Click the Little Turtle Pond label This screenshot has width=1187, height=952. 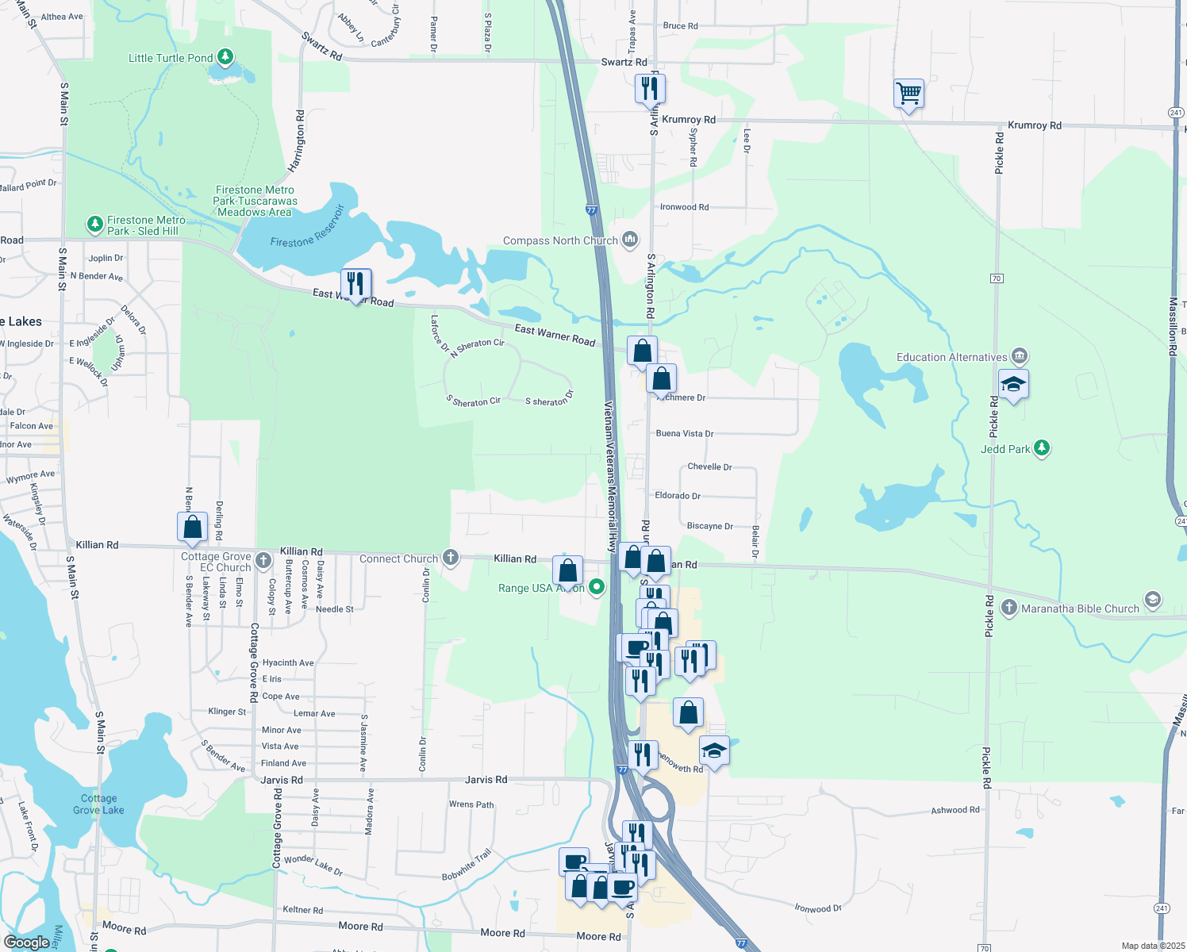[171, 58]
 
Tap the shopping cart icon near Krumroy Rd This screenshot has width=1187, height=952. [908, 94]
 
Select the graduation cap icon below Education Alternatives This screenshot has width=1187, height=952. [1013, 385]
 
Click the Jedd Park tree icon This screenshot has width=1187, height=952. [1042, 448]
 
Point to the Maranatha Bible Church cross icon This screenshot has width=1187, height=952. [1008, 608]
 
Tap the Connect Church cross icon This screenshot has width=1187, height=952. [451, 558]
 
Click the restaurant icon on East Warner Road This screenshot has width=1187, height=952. [355, 283]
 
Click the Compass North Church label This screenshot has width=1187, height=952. [560, 240]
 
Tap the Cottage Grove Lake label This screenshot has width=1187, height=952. [98, 804]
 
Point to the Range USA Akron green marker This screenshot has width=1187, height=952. [597, 588]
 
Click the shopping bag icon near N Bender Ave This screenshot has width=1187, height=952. [192, 526]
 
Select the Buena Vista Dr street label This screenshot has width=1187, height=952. [684, 434]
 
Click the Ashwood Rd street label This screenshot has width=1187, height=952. [955, 810]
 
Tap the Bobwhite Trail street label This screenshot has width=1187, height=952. [467, 865]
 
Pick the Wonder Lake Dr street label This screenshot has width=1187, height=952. [313, 866]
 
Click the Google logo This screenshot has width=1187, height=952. [27, 942]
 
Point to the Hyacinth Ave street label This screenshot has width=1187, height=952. [288, 662]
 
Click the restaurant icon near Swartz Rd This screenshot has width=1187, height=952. [650, 88]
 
